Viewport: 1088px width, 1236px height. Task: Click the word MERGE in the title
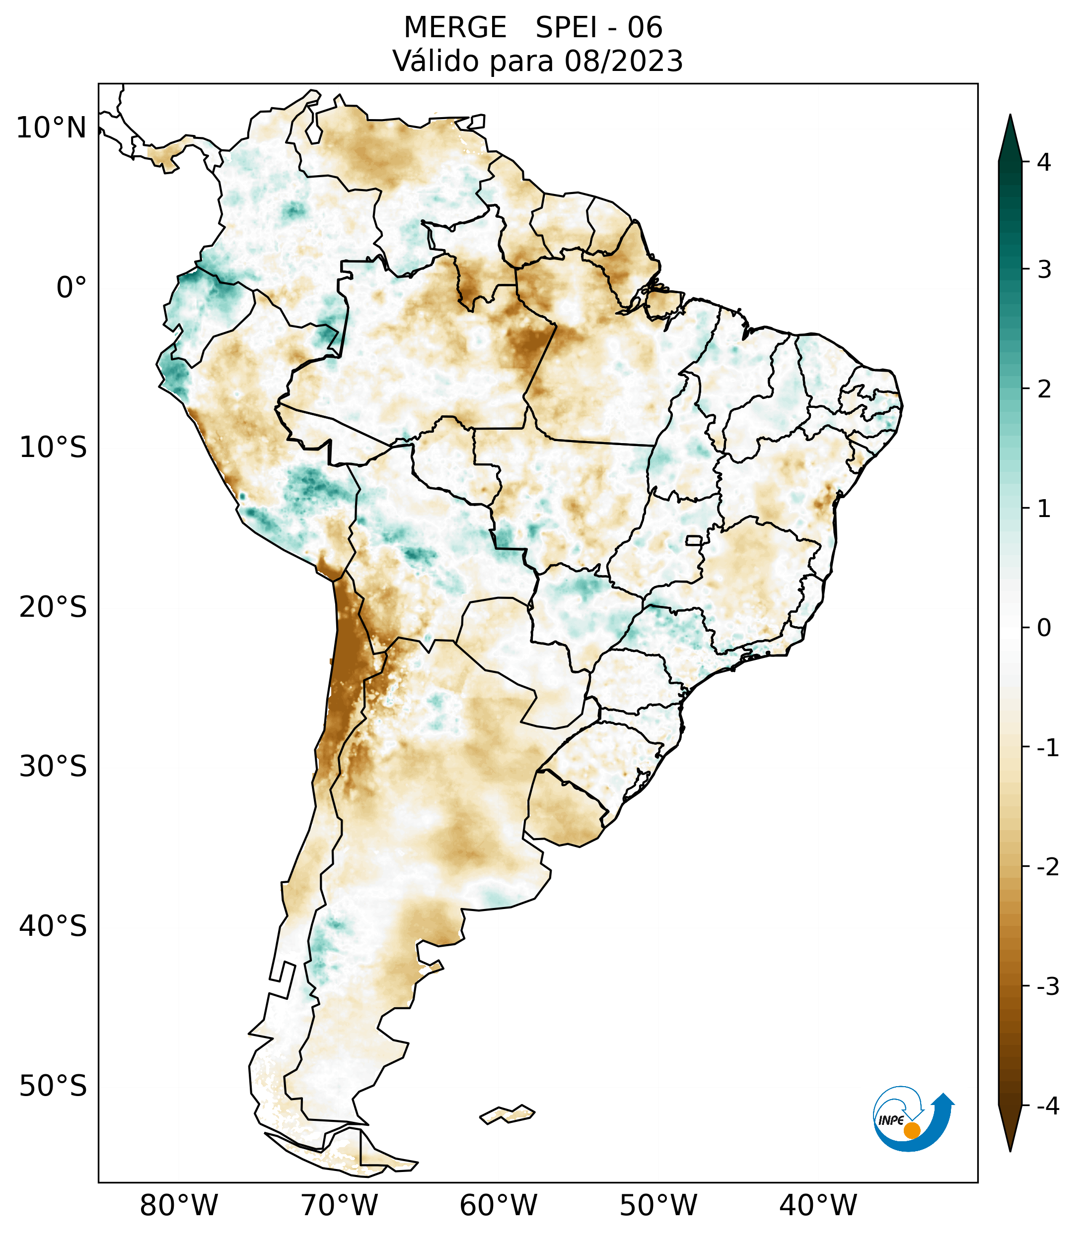(454, 28)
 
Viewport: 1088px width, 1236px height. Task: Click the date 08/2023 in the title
(623, 61)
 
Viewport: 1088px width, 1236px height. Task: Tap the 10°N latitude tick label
(51, 128)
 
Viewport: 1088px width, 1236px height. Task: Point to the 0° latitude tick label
(71, 288)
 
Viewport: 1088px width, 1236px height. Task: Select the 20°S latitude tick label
(53, 607)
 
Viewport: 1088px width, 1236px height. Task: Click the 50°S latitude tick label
(53, 1086)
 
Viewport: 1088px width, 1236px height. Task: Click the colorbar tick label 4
(1044, 162)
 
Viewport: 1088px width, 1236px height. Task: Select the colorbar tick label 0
(1044, 628)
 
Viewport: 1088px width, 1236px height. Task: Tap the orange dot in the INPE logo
(911, 1130)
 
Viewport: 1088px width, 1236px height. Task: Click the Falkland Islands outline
(507, 1114)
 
